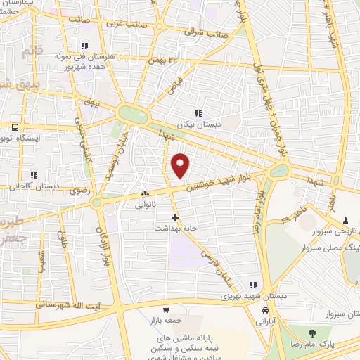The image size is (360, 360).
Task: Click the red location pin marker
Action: [181, 165]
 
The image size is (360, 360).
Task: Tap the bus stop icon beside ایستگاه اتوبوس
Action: [15, 127]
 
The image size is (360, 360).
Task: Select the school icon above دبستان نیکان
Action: [198, 112]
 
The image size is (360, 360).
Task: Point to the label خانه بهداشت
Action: [175, 229]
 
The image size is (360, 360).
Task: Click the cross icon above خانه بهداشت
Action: [175, 218]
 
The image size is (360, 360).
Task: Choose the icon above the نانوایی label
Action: [146, 194]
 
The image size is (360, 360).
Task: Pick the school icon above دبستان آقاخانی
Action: [32, 176]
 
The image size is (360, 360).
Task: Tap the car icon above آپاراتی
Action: [264, 310]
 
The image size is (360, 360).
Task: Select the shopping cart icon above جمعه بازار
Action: [166, 310]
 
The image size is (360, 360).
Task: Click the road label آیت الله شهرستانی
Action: [71, 304]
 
